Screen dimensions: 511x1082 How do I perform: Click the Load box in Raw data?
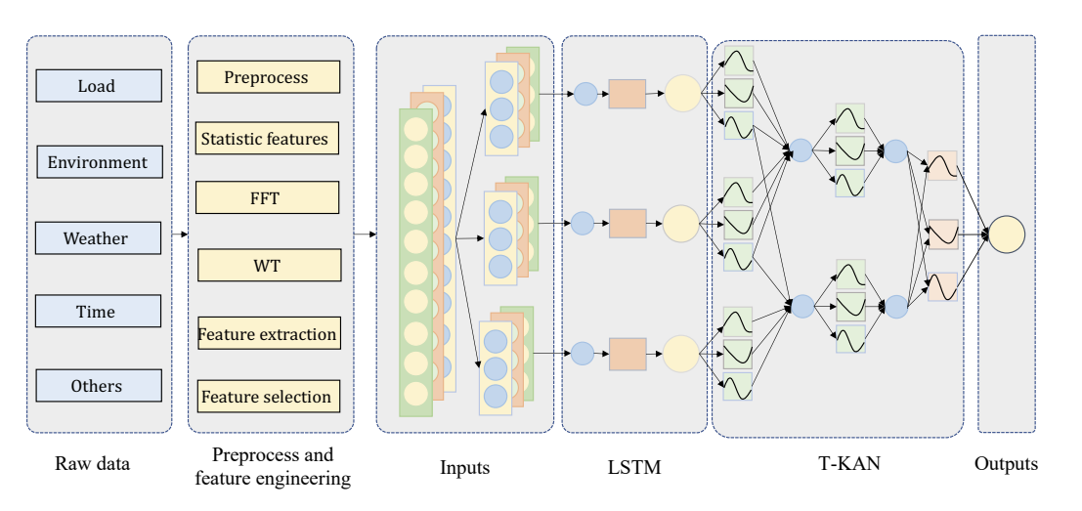click(x=98, y=86)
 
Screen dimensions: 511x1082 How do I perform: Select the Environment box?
click(x=98, y=162)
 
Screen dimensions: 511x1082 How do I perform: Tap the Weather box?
click(x=98, y=238)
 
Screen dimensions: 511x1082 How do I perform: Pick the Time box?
click(x=98, y=312)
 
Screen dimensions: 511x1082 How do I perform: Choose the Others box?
click(x=98, y=386)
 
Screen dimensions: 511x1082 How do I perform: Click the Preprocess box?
click(x=268, y=77)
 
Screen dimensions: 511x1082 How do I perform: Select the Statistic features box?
click(x=267, y=139)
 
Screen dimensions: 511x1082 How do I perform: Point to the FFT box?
click(x=267, y=198)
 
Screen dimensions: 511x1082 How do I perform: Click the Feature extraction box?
click(x=268, y=334)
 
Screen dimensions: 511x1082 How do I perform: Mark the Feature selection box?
click(x=268, y=397)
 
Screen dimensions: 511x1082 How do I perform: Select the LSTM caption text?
click(x=633, y=468)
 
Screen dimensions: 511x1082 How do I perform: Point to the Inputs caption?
click(x=464, y=468)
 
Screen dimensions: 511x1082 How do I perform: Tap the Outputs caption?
click(x=1006, y=464)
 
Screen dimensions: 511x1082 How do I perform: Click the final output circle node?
click(x=1006, y=235)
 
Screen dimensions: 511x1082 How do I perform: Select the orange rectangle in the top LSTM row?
click(x=627, y=94)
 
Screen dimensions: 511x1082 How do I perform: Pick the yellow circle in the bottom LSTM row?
click(x=681, y=354)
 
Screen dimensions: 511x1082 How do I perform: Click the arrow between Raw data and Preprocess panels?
click(x=179, y=234)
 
